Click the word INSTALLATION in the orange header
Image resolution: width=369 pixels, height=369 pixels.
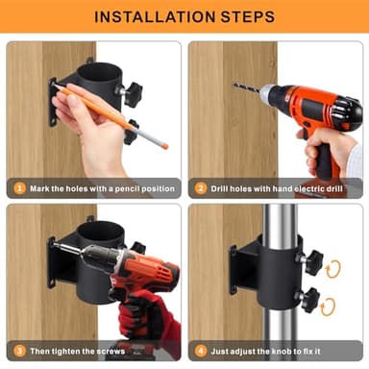[x=155, y=16]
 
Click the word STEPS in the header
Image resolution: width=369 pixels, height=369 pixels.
[x=248, y=16]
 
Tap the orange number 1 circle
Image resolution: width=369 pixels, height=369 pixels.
[x=19, y=188]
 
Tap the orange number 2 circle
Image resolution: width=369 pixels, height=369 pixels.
[x=201, y=188]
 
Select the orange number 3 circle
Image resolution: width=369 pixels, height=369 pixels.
[x=19, y=351]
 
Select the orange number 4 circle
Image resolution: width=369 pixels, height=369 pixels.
[x=201, y=351]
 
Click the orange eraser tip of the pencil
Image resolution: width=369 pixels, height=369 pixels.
[x=165, y=146]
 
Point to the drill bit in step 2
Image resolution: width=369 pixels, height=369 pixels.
[x=247, y=87]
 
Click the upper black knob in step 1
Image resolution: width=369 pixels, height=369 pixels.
[x=132, y=93]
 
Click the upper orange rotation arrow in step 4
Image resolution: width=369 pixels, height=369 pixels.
[x=333, y=269]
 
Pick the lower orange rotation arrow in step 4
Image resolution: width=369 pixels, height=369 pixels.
[x=328, y=307]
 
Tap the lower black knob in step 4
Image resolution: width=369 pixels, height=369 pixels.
[x=309, y=300]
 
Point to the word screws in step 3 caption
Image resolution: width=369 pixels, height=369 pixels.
[x=111, y=352]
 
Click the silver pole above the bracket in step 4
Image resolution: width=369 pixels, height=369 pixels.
[x=280, y=220]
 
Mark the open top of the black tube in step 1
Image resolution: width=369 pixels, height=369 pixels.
[x=100, y=72]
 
